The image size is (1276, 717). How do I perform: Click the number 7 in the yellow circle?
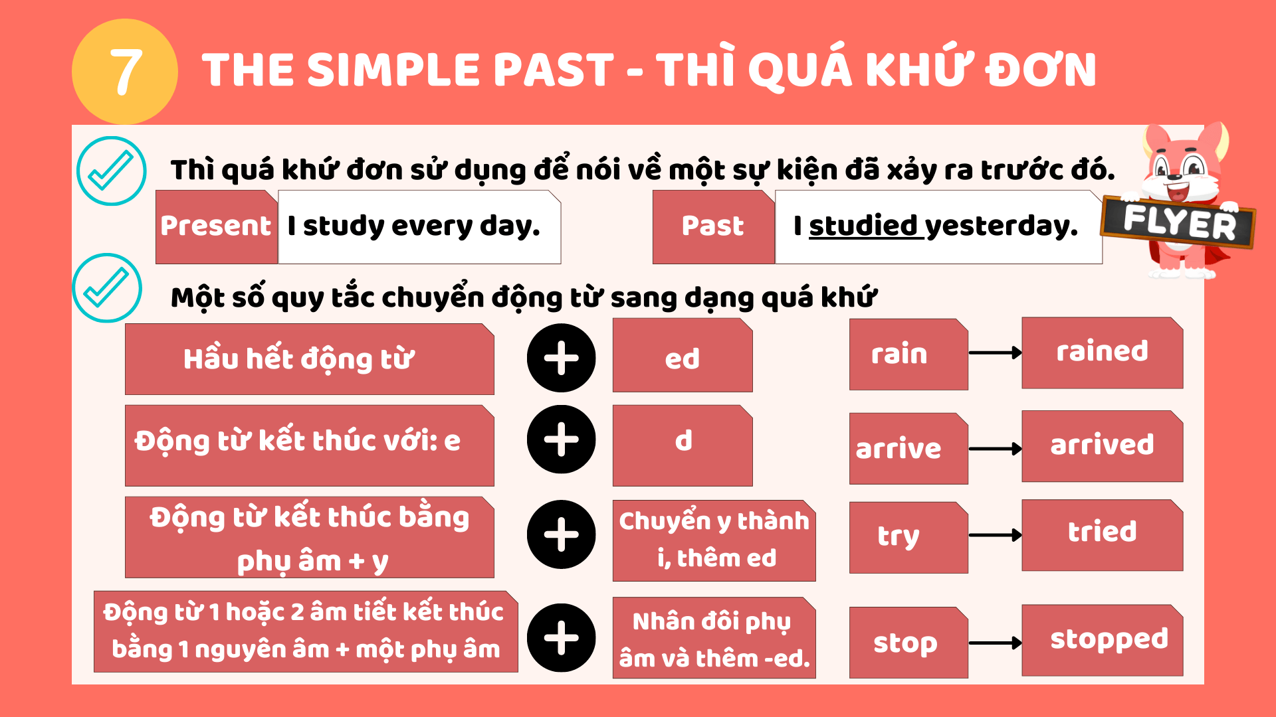(x=126, y=72)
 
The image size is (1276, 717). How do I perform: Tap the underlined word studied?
(x=863, y=226)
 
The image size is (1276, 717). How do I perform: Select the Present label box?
(x=217, y=227)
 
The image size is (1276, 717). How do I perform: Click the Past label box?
(x=714, y=227)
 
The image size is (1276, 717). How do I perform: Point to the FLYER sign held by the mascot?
(x=1178, y=222)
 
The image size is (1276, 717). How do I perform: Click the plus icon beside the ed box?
(x=562, y=358)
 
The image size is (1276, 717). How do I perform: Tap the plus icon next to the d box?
(x=562, y=439)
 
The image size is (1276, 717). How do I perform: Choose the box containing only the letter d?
(x=683, y=445)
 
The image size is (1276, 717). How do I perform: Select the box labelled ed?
(x=683, y=355)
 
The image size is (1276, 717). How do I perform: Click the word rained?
(x=1103, y=351)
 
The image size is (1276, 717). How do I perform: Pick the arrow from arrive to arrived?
(x=996, y=449)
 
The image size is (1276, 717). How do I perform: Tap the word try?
(x=899, y=536)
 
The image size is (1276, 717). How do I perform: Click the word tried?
(x=1103, y=531)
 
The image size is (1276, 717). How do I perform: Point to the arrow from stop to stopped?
(x=996, y=643)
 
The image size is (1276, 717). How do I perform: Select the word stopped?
(x=1109, y=639)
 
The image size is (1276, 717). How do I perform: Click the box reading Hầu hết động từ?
(x=310, y=359)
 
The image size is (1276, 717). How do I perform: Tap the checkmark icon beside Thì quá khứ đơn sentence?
(x=111, y=171)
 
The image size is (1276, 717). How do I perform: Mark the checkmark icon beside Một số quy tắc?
(x=107, y=288)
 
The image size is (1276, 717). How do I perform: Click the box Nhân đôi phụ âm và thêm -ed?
(x=714, y=638)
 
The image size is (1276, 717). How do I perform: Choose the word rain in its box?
(x=899, y=354)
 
